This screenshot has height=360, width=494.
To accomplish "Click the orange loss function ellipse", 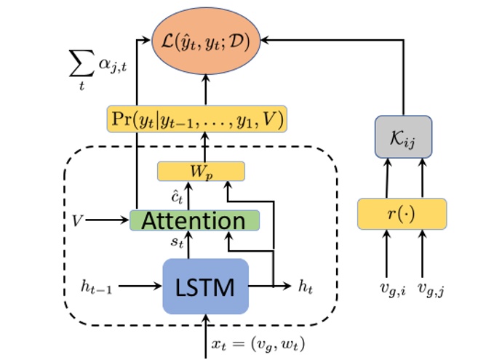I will [205, 37].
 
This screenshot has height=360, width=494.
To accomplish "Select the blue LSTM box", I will [204, 287].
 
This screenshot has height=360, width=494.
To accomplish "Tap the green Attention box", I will [194, 220].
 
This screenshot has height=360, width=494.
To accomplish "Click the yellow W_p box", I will [202, 172].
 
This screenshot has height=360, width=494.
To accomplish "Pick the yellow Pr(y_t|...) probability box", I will [196, 118].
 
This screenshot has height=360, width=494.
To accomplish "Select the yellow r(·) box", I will [402, 215].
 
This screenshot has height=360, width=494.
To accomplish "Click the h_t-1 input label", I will [98, 287].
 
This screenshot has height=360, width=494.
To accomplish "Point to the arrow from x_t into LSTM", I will [206, 324].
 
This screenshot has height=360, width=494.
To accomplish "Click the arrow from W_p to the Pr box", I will [205, 148].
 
